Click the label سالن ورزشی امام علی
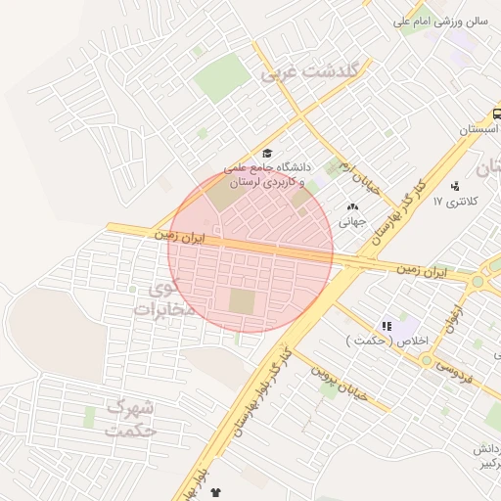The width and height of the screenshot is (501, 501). tap(441, 21)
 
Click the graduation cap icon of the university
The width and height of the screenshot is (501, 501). tap(267, 153)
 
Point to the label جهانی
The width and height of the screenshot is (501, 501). tap(352, 222)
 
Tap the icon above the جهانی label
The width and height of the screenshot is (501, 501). tap(352, 206)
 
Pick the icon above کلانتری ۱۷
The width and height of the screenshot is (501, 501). tap(455, 186)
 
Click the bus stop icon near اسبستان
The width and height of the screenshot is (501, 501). tap(497, 114)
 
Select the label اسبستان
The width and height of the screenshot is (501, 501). tap(478, 129)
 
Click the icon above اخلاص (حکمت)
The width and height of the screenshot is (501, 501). tap(387, 325)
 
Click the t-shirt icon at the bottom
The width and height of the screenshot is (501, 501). tap(214, 495)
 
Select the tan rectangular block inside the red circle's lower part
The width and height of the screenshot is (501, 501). tap(241, 301)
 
